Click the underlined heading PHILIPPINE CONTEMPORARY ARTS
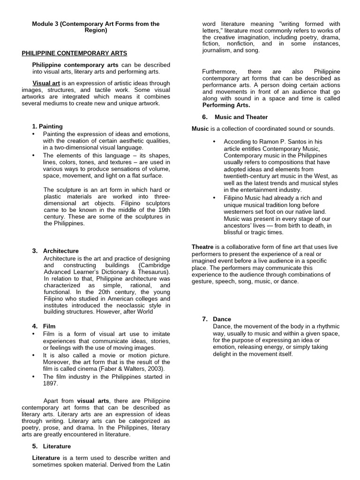coord(75,53)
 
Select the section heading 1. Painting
coord(47,127)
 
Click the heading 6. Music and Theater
coord(235,117)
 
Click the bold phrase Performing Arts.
coord(219,105)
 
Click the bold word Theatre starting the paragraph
coord(202,247)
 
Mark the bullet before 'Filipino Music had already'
coord(214,198)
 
